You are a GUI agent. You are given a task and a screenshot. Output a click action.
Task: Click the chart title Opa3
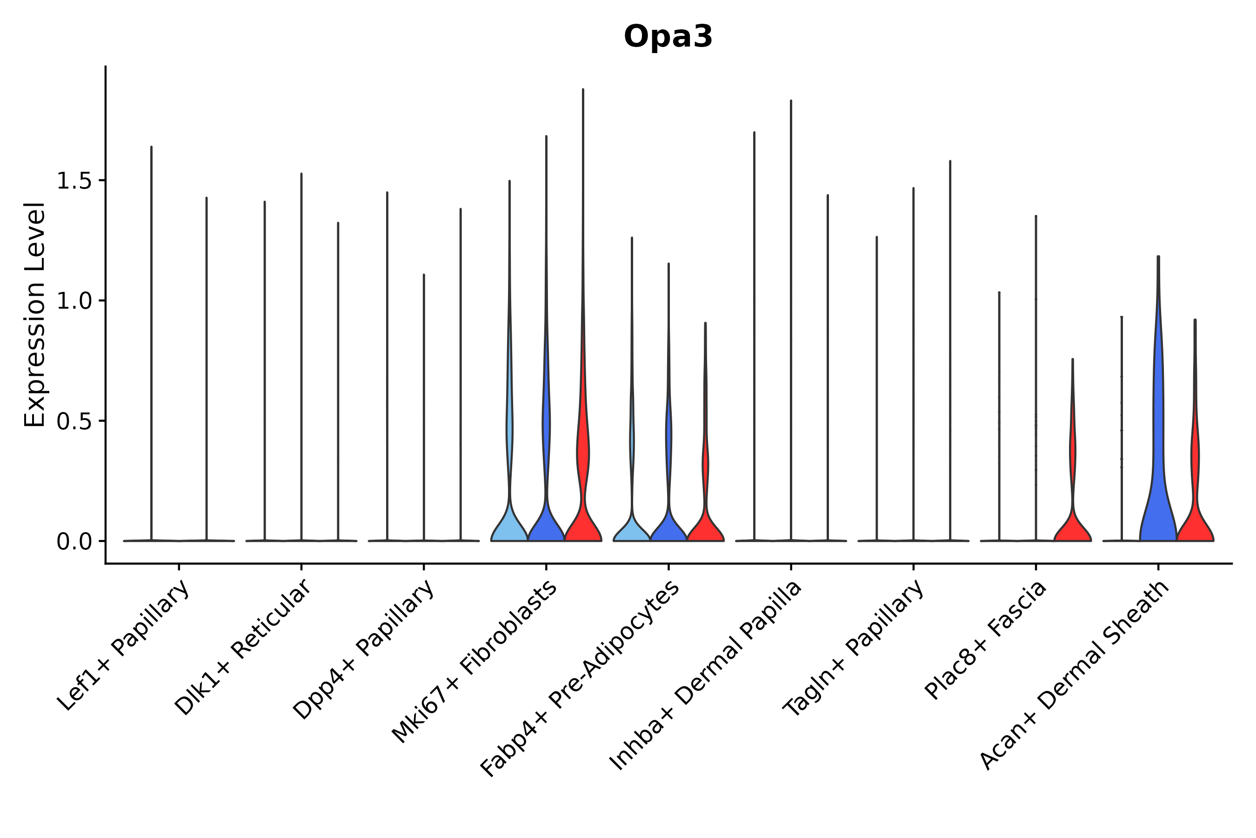coord(668,37)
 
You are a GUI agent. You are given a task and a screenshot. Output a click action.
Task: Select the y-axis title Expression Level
coord(35,314)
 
